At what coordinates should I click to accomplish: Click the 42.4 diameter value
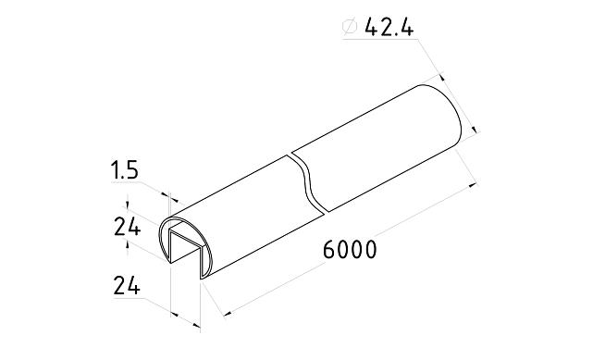point(389,28)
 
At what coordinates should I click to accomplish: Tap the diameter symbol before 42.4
point(350,28)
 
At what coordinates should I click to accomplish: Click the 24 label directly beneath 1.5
point(126,227)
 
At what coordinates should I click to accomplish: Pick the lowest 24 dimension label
point(126,286)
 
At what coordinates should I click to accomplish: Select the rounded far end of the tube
point(452,116)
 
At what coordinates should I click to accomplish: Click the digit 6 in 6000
point(329,251)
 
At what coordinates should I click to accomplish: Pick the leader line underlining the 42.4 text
point(379,43)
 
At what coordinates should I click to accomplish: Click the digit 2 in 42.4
point(383,28)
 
